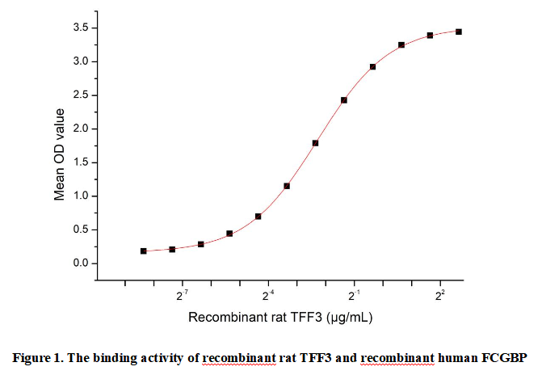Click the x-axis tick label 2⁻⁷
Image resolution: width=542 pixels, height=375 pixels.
[x=183, y=295]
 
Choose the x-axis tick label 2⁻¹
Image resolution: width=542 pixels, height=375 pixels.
[x=354, y=295]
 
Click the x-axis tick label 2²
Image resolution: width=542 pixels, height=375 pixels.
[x=440, y=295]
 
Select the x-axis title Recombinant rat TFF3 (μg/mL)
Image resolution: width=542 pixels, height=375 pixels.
[x=280, y=318]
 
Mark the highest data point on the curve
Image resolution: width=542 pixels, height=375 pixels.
[x=459, y=32]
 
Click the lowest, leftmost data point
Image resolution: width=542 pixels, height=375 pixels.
[x=144, y=251]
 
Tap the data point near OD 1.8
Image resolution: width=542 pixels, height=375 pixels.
[x=315, y=143]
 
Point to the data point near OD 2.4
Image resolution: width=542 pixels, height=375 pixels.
[x=344, y=100]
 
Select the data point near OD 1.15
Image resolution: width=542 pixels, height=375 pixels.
[x=287, y=186]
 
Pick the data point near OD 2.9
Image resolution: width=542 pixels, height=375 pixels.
[x=372, y=67]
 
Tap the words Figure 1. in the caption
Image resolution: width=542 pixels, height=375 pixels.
[x=35, y=357]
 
